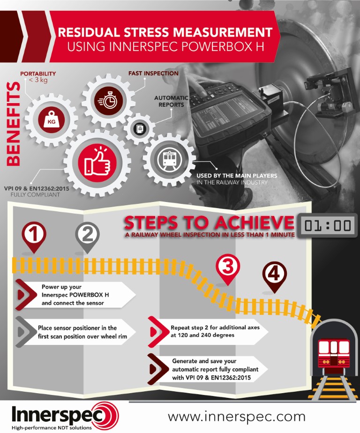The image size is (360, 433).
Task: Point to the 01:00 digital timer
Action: click(327, 225)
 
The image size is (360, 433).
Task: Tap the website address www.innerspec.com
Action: click(236, 416)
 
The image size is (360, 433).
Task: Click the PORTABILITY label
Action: click(37, 74)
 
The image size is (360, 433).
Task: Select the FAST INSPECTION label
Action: click(153, 74)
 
